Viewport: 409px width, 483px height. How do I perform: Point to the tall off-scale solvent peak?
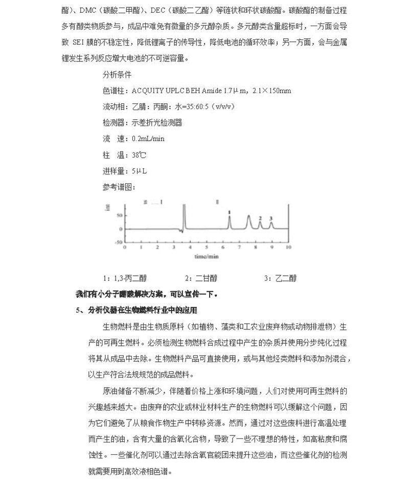point(184,215)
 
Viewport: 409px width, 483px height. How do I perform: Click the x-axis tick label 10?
point(288,247)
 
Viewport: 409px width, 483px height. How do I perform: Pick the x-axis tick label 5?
point(207,247)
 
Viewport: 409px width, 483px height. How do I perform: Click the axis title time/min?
point(206,254)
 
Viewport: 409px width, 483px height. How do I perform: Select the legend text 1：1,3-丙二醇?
point(125,278)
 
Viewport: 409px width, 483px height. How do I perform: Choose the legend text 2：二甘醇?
point(201,278)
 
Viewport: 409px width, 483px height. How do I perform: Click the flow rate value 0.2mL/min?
point(148,139)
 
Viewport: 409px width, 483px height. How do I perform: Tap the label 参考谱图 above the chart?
point(118,187)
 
